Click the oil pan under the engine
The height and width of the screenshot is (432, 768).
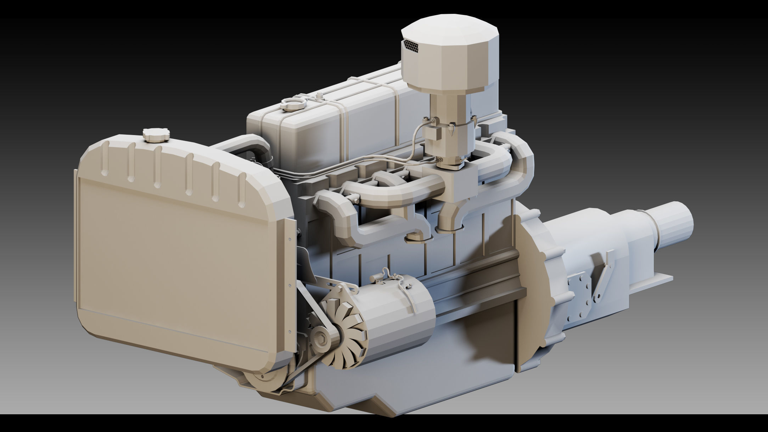408,376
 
